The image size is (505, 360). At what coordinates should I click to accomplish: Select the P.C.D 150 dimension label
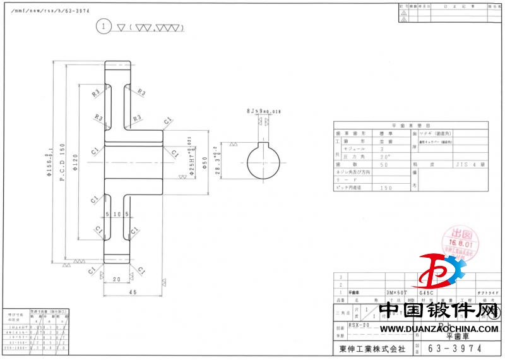62,161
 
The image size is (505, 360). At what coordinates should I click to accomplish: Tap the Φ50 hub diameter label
205,162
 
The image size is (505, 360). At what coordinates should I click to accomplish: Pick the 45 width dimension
133,292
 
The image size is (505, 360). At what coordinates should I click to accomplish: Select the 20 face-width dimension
116,279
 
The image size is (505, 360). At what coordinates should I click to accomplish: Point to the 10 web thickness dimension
118,215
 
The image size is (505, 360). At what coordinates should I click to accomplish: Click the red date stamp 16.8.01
461,241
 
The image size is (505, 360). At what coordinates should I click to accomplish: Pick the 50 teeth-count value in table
386,164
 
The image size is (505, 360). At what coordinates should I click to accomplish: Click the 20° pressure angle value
386,156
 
